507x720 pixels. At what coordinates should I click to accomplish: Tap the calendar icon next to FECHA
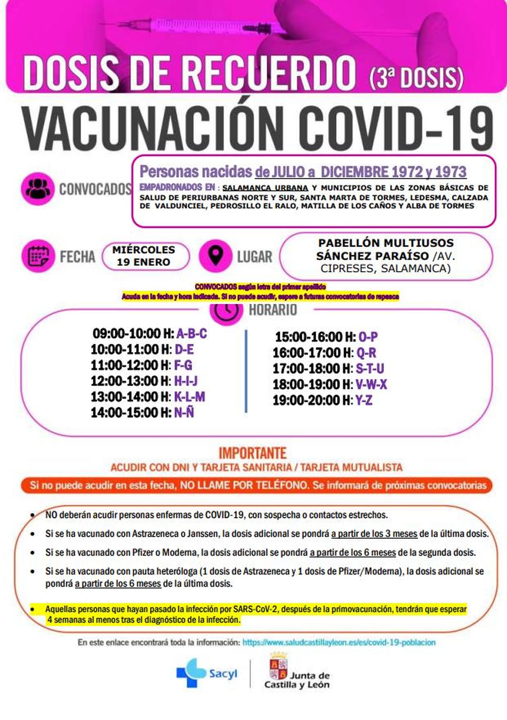tap(36, 256)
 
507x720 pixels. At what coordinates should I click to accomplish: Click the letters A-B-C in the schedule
tap(191, 334)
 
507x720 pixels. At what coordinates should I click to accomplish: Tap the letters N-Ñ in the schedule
tap(184, 413)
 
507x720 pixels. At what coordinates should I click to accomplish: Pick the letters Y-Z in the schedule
tap(363, 401)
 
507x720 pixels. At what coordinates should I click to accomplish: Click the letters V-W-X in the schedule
tap(371, 385)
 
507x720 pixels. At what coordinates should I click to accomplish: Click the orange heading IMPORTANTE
tap(253, 453)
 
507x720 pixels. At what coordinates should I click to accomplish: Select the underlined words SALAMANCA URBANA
tap(265, 188)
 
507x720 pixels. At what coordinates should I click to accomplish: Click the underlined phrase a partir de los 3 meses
tap(374, 534)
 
